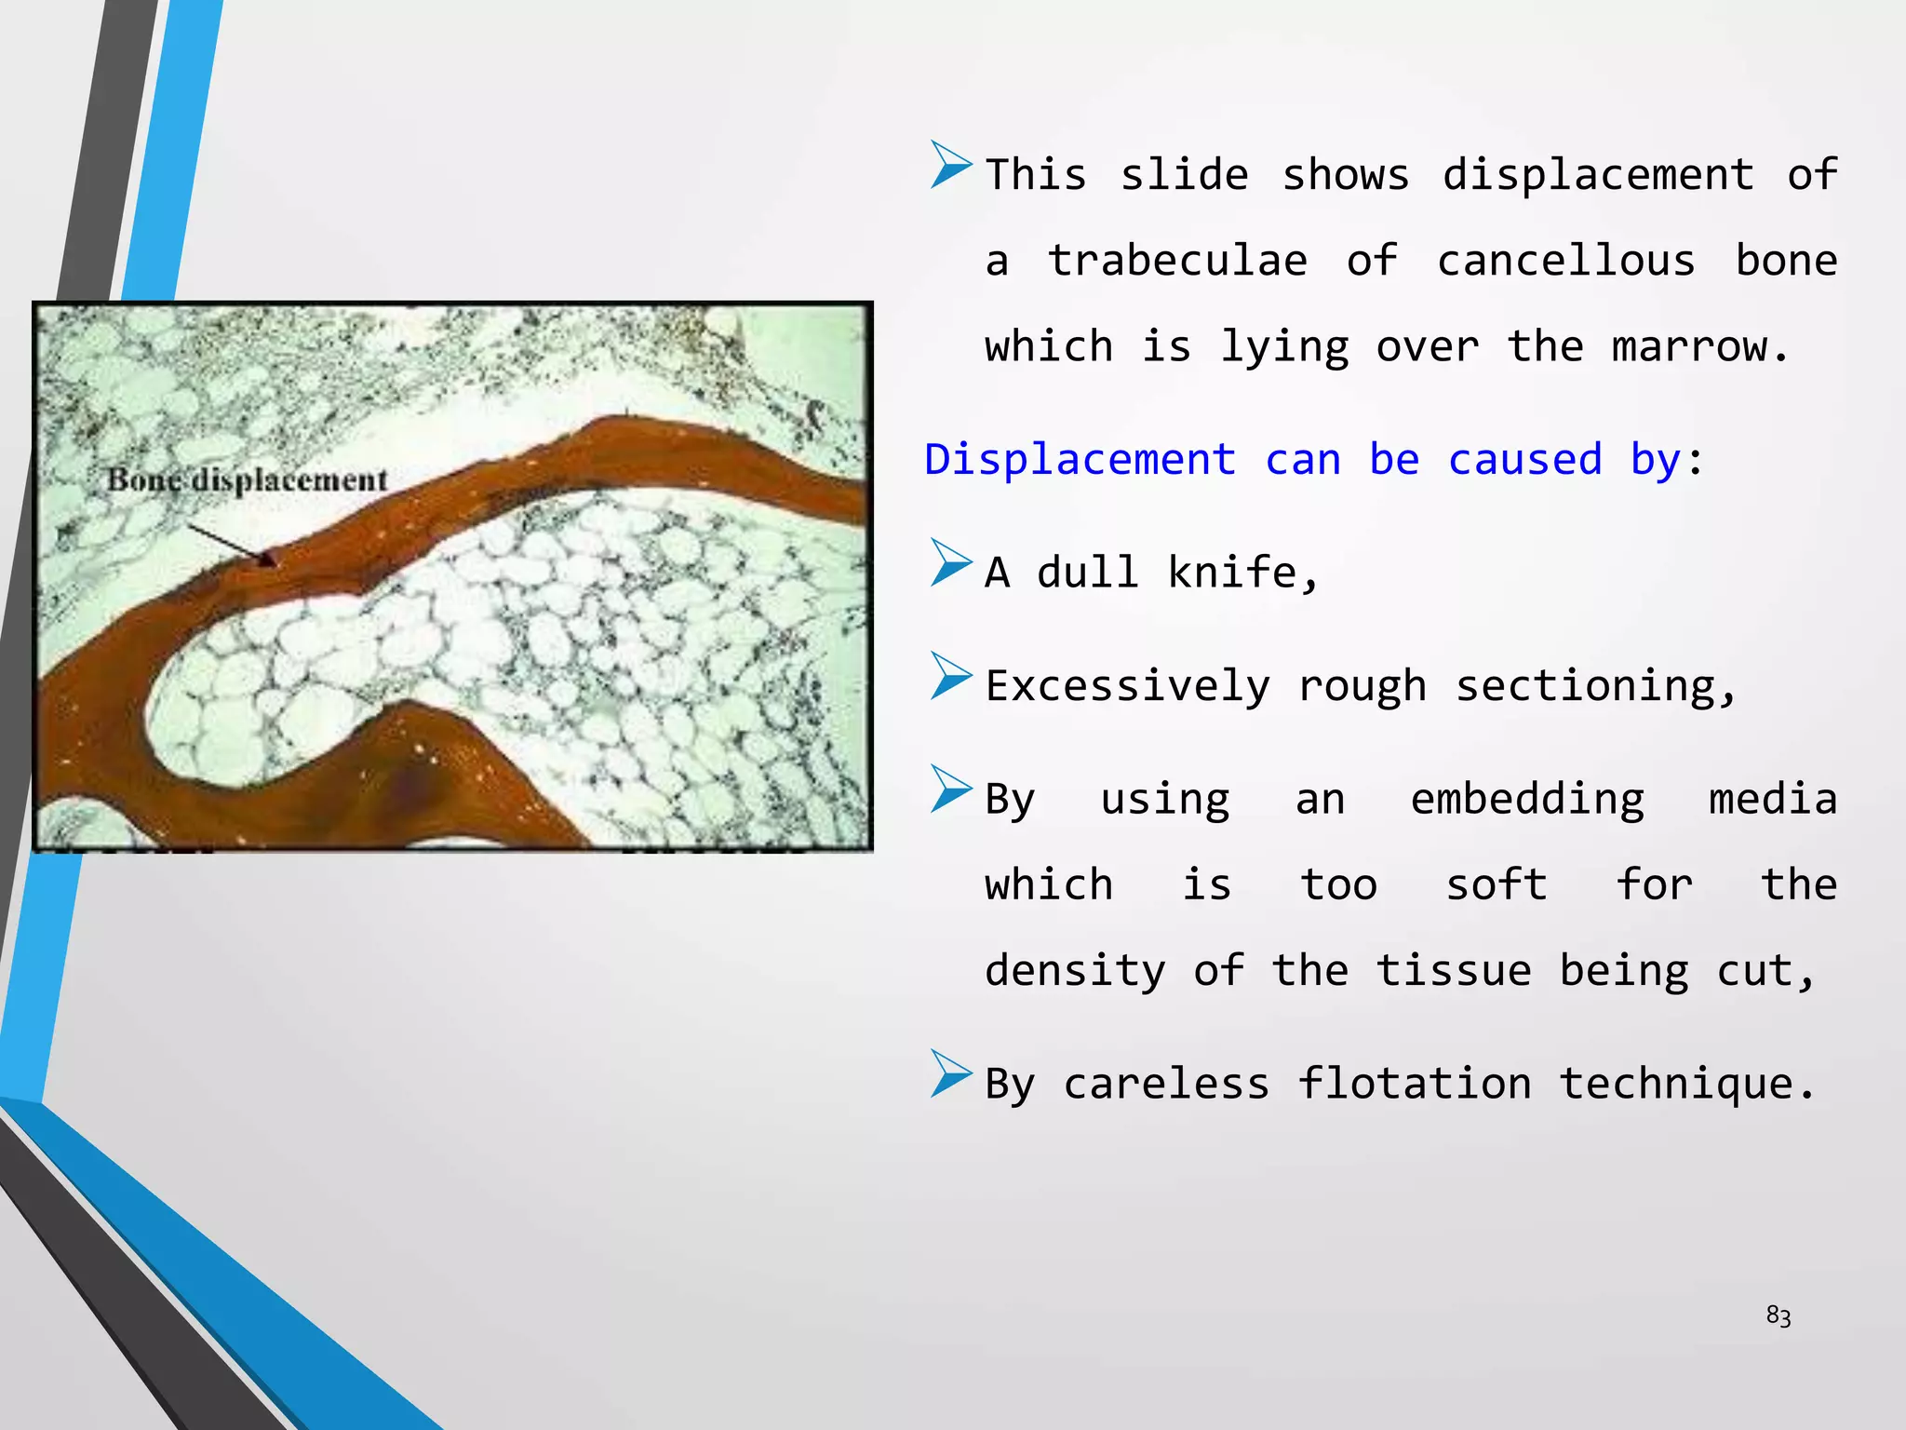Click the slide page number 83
[x=1778, y=1315]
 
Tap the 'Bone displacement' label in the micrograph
[x=247, y=479]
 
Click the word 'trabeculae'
[x=1177, y=261]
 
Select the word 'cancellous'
[x=1565, y=261]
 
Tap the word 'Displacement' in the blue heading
[x=1080, y=460]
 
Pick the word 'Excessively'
[x=1127, y=686]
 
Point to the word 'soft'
[x=1496, y=884]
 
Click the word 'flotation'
[x=1414, y=1084]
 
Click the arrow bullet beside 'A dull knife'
[x=950, y=563]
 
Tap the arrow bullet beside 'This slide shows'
[x=950, y=165]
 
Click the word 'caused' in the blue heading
[x=1524, y=460]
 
